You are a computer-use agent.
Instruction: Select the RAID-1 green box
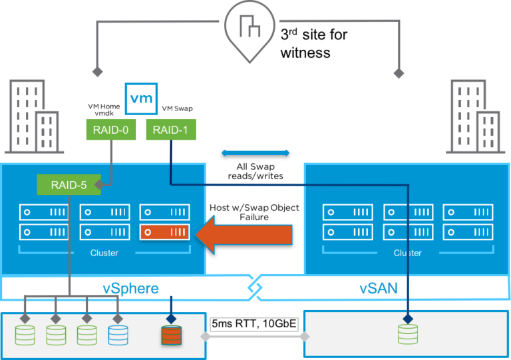tap(171, 130)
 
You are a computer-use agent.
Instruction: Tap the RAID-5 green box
tap(69, 184)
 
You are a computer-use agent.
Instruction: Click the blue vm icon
tap(140, 99)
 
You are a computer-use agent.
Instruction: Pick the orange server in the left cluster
tap(165, 232)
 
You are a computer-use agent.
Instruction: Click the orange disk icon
tap(171, 334)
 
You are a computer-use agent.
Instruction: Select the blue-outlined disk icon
tap(118, 334)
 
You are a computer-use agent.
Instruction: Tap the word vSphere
tap(130, 289)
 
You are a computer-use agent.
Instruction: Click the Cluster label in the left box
tap(104, 253)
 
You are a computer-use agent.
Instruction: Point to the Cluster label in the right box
tap(407, 253)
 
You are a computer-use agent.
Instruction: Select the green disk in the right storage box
tap(408, 334)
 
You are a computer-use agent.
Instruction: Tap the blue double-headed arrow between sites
tap(255, 153)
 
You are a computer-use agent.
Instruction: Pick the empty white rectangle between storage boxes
tap(254, 324)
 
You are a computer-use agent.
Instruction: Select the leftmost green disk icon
tap(25, 334)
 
